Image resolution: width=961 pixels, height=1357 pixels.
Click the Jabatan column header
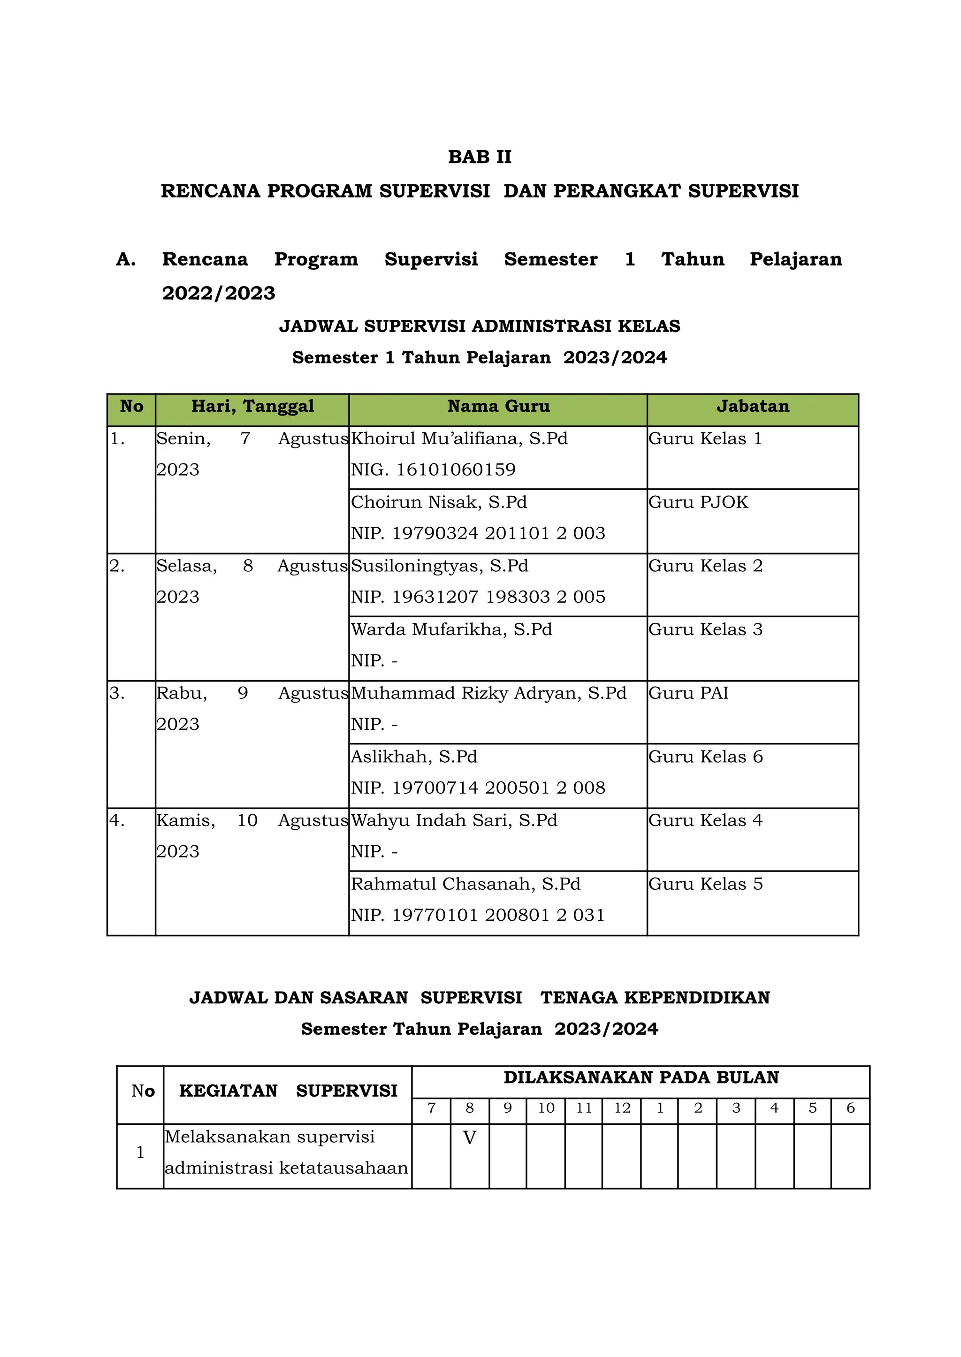[752, 406]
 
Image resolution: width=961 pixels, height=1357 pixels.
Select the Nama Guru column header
[498, 406]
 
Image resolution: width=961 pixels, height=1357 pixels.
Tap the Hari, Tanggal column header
[252, 406]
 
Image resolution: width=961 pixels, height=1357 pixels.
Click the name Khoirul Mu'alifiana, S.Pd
[459, 438]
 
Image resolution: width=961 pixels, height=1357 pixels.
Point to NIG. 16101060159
[433, 470]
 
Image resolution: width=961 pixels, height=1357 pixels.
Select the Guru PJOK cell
[698, 502]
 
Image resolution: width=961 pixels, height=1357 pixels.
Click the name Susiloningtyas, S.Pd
[440, 566]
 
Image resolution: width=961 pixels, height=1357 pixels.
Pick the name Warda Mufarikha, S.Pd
[451, 629]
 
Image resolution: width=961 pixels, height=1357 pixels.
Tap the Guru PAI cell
[688, 693]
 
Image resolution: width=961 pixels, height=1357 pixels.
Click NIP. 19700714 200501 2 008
[478, 788]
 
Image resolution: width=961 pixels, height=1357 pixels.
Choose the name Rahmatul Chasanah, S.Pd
[465, 884]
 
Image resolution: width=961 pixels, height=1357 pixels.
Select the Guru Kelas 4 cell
[705, 820]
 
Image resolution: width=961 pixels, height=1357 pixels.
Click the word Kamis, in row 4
[186, 820]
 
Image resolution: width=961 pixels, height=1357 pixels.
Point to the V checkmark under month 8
[469, 1137]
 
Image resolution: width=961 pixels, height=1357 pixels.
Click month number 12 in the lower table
[622, 1108]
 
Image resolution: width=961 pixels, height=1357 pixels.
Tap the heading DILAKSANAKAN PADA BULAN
[641, 1077]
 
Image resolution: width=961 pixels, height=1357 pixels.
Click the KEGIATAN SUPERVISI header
[288, 1091]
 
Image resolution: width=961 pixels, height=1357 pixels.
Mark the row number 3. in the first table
[117, 693]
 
